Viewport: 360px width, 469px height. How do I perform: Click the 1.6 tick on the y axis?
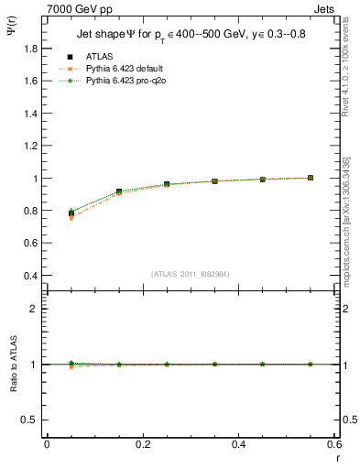[x=30, y=81]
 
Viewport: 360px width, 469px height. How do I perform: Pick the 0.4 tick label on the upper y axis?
[x=30, y=276]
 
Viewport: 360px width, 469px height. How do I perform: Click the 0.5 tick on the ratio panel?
[x=30, y=420]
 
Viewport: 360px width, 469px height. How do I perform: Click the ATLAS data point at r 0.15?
[x=119, y=191]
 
